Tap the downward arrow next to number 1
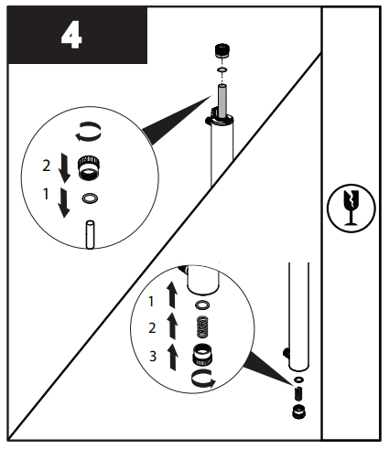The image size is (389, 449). [63, 202]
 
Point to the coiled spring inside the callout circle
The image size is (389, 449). [203, 326]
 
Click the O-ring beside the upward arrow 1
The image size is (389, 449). [203, 304]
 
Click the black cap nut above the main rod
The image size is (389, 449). [220, 50]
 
